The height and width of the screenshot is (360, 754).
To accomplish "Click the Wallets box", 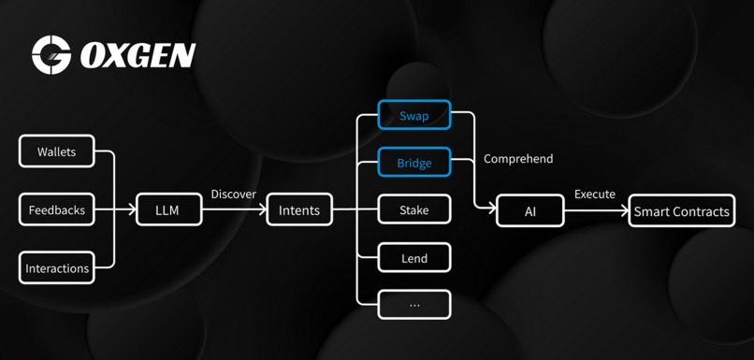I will coord(57,151).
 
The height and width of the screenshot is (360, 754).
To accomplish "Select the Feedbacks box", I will coord(57,210).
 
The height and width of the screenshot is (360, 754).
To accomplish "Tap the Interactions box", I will coord(57,268).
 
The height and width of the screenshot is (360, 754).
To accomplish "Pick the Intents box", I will coord(299,210).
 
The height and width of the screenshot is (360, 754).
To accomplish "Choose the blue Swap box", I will coord(414,116).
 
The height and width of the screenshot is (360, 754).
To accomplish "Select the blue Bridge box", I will coord(414,163).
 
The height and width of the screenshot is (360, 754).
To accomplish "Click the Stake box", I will coord(414,210).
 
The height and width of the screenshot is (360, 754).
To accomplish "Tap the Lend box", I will coord(414,257).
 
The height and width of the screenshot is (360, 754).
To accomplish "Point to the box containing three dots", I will coord(414,304).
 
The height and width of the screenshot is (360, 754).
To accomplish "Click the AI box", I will coord(530,210).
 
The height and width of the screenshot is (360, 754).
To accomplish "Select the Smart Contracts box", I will coord(681,210).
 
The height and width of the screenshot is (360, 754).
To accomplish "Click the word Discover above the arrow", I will coord(234,194).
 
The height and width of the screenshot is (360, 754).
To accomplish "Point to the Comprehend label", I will coord(518,159).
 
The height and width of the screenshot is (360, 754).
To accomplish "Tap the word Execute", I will coord(595,194).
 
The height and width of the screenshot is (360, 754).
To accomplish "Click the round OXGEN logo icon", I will coord(52,55).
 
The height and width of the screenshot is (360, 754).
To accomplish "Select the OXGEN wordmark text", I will coord(138,56).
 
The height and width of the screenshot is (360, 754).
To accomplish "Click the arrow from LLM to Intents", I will coord(234,210).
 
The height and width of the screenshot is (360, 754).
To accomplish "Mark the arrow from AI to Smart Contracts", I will coord(596,210).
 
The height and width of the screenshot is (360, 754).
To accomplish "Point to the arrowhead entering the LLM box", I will coord(132,210).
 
